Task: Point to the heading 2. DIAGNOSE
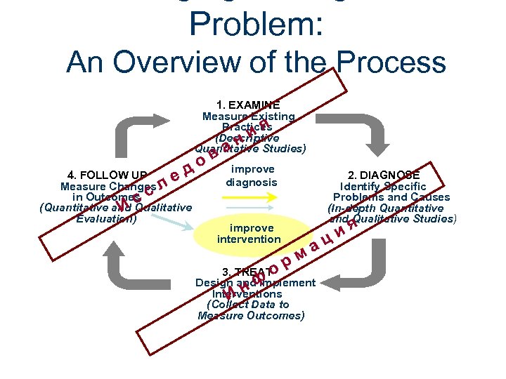(x=384, y=175)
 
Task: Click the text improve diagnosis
(x=252, y=175)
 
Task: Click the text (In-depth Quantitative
(x=385, y=208)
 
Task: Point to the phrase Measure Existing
(x=248, y=117)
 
